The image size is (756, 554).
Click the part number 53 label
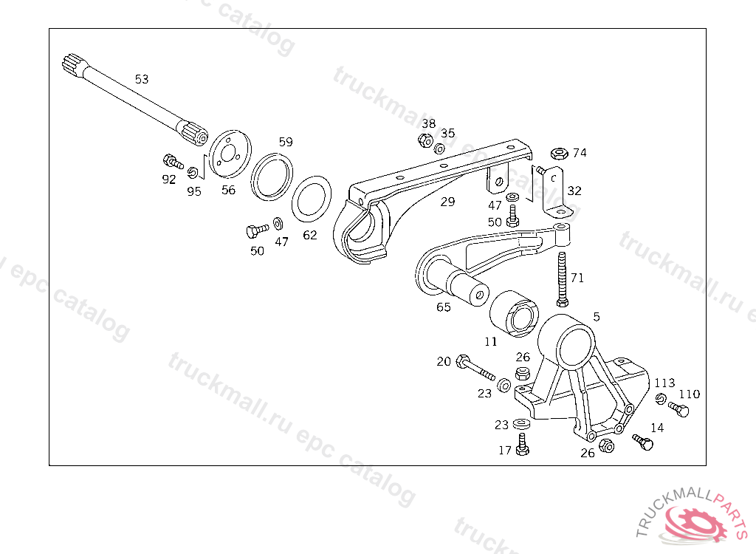(x=142, y=79)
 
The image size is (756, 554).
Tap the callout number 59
(x=286, y=141)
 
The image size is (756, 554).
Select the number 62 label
(x=310, y=235)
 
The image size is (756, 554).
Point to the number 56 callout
(x=228, y=190)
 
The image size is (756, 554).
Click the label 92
(x=169, y=179)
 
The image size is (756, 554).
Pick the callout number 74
(x=580, y=153)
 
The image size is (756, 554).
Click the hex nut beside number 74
(x=559, y=154)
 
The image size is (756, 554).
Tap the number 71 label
(x=577, y=278)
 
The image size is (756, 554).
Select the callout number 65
(x=443, y=307)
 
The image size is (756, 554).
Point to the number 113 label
(x=664, y=383)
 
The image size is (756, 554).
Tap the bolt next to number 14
(x=643, y=442)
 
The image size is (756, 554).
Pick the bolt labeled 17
(x=523, y=445)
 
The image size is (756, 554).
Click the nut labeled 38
(x=425, y=140)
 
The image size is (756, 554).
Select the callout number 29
(x=447, y=201)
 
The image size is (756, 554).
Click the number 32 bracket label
(x=574, y=191)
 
